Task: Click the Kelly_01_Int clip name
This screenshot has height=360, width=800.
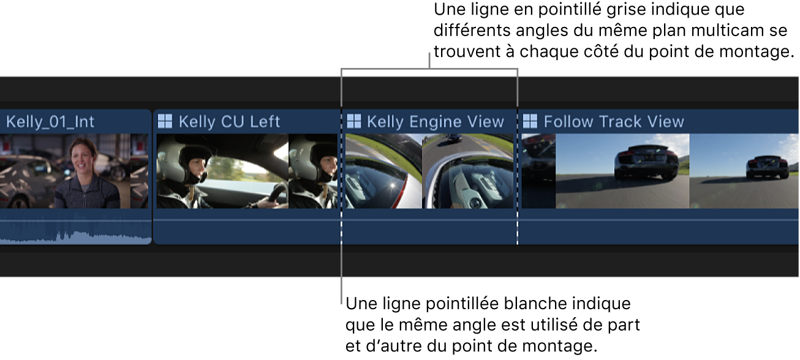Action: tap(50, 122)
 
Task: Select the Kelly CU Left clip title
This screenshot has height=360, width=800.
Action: tap(229, 122)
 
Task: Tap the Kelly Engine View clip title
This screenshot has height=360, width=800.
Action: tap(435, 122)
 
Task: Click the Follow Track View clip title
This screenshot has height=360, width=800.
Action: tap(613, 122)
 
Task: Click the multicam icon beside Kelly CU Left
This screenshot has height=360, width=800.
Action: tap(165, 121)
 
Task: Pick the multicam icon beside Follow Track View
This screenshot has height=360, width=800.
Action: tap(530, 121)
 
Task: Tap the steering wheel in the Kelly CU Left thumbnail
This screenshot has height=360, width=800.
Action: tap(276, 196)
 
